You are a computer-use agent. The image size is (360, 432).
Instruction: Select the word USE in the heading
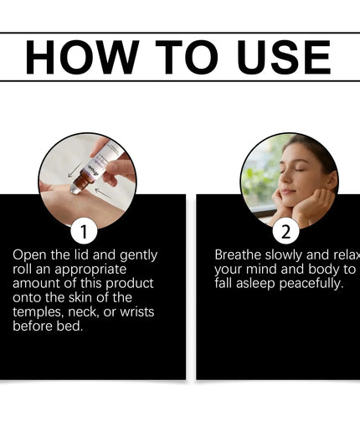(x=280, y=57)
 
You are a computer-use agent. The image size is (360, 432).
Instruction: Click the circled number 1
(x=83, y=230)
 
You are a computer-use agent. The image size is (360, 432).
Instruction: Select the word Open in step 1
(x=29, y=255)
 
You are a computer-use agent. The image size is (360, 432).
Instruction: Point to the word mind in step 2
(x=262, y=270)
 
